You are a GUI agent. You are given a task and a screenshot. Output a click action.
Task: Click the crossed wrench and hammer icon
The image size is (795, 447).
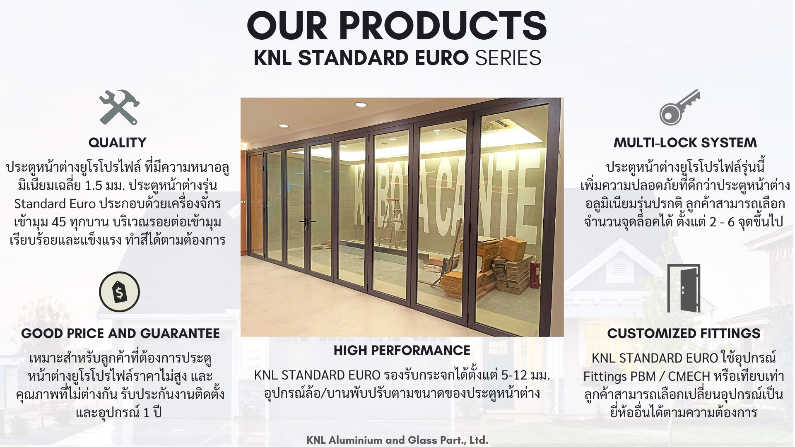pyautogui.click(x=119, y=107)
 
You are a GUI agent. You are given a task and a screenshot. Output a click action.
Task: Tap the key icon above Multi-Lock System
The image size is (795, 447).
pyautogui.click(x=680, y=107)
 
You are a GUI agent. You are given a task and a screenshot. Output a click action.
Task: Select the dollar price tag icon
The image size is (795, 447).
pyautogui.click(x=119, y=292)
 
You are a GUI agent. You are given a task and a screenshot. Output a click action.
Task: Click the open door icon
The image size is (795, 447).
pyautogui.click(x=684, y=288)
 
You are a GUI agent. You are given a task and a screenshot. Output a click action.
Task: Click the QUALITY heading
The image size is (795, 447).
pyautogui.click(x=118, y=143)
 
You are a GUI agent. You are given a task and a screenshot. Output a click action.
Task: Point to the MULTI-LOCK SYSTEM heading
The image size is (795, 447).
pyautogui.click(x=685, y=143)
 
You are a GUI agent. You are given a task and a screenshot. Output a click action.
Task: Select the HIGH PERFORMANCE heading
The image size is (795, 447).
pyautogui.click(x=402, y=351)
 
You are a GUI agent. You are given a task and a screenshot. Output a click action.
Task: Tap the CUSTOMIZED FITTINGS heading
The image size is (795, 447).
pyautogui.click(x=684, y=334)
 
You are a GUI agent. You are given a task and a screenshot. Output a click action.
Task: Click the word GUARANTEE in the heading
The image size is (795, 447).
pyautogui.click(x=180, y=334)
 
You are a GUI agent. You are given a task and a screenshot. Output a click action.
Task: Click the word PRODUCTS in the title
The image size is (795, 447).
pyautogui.click(x=443, y=26)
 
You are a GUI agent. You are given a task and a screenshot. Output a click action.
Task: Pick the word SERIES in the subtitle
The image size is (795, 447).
pyautogui.click(x=508, y=58)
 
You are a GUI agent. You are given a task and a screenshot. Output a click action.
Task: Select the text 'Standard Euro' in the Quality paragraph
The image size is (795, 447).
pyautogui.click(x=55, y=204)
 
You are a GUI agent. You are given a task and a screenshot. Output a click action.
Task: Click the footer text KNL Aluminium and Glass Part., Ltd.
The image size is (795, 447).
pyautogui.click(x=397, y=440)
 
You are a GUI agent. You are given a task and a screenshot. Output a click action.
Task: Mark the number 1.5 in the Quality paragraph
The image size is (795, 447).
pyautogui.click(x=93, y=185)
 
